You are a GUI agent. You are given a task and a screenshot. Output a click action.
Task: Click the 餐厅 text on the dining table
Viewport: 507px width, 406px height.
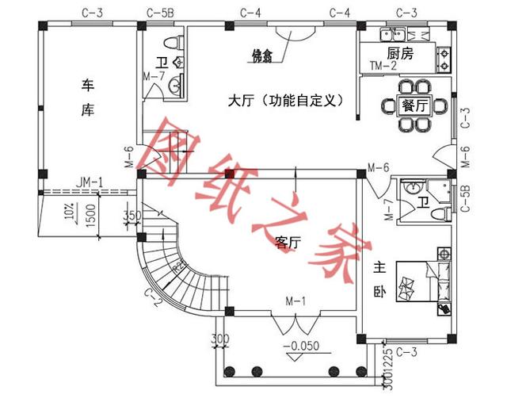pyautogui.click(x=416, y=105)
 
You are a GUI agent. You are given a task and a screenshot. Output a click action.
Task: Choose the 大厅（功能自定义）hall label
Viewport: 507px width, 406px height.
pyautogui.click(x=284, y=101)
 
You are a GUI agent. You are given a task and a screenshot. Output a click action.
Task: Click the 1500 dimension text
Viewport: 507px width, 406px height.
pyautogui.click(x=92, y=214)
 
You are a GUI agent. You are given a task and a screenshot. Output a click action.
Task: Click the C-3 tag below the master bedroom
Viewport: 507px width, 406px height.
pyautogui.click(x=406, y=350)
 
